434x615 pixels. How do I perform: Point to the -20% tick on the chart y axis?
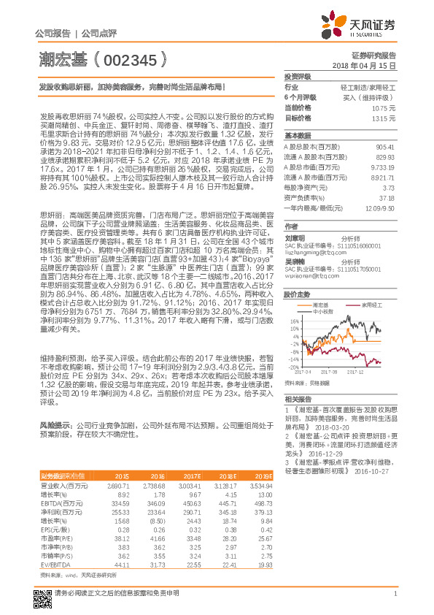tap(293, 367)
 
